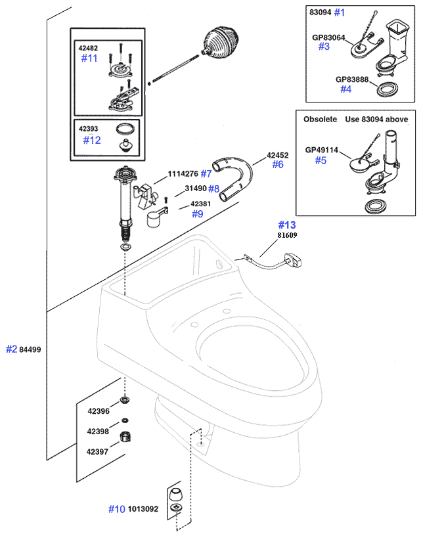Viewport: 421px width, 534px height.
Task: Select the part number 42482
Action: (x=89, y=48)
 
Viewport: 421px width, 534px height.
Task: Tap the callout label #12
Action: (x=92, y=140)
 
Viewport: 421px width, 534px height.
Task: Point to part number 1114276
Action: (x=183, y=173)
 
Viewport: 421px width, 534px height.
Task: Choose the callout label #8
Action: (x=213, y=189)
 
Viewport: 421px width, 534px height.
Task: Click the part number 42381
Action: (x=201, y=204)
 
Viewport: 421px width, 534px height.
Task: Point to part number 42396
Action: (x=99, y=412)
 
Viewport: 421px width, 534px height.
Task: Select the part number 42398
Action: (x=99, y=432)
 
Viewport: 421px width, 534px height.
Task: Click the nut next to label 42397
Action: (x=125, y=437)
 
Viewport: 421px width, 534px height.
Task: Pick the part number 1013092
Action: (x=143, y=508)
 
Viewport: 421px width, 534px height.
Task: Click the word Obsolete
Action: (x=320, y=120)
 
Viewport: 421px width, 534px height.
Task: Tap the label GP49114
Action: (x=322, y=150)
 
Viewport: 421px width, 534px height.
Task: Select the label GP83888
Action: (x=352, y=79)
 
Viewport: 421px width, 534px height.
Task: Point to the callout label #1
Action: (x=339, y=12)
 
